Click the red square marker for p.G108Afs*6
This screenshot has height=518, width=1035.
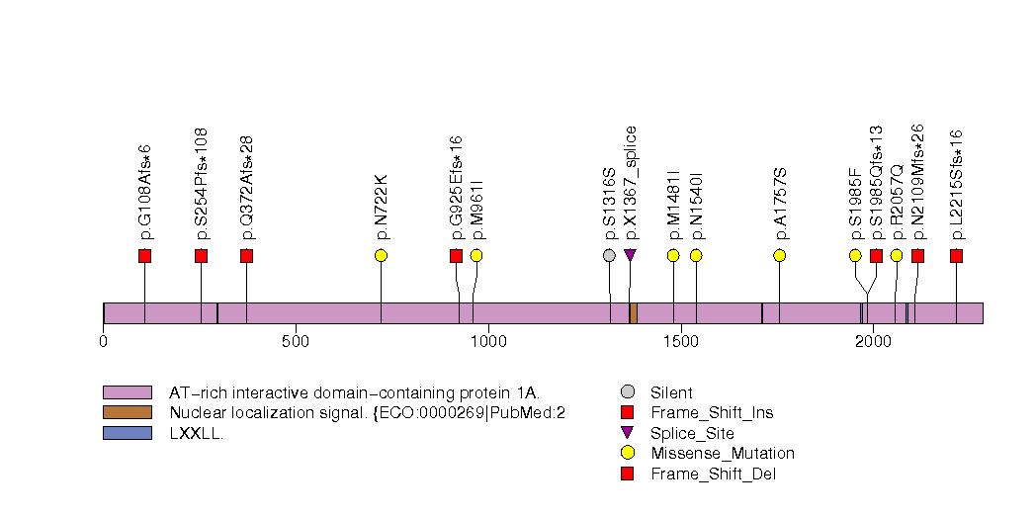144,256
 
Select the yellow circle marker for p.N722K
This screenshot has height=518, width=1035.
381,256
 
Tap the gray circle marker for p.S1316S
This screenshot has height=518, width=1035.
609,256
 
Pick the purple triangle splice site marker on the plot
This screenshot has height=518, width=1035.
630,256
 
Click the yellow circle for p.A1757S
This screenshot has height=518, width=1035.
779,256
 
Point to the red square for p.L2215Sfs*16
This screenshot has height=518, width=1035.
956,256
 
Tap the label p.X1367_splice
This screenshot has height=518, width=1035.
631,183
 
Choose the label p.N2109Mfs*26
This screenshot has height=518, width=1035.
917,184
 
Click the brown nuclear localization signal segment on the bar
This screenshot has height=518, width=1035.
633,313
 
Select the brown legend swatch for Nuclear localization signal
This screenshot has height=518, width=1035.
127,412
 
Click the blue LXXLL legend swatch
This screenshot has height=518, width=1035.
127,433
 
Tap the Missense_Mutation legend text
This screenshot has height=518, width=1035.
722,454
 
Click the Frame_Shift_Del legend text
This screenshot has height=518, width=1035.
713,475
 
